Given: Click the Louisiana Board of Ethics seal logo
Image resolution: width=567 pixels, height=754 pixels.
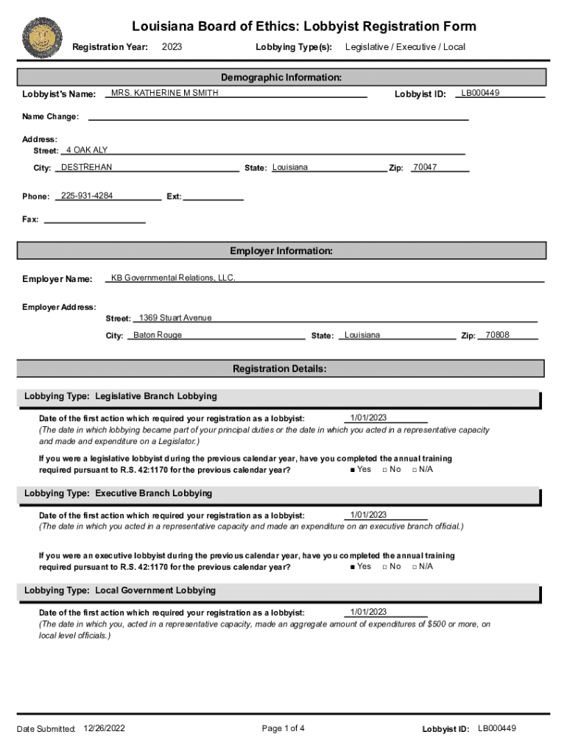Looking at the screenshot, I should point(43,39).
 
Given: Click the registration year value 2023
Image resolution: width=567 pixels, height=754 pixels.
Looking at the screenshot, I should point(172,47).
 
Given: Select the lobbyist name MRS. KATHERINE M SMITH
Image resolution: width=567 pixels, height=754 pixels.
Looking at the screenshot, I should point(164,94).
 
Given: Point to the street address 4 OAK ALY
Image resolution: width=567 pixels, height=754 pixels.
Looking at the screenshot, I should point(87,150).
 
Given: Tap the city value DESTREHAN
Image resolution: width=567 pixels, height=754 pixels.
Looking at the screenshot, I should point(86,167).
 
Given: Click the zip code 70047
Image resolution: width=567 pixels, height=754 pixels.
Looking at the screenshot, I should point(425,167).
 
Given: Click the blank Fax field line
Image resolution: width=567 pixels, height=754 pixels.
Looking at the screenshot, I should point(95,221).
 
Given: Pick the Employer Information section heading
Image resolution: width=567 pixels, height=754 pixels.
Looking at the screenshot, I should point(281,251).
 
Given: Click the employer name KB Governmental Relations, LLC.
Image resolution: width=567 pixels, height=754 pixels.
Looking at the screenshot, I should point(173,278).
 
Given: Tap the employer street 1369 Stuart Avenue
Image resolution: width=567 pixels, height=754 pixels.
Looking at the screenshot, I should point(175,317).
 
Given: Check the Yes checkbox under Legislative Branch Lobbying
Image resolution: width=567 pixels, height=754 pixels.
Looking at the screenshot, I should point(353,470).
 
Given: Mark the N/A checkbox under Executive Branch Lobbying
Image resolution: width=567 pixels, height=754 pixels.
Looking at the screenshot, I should point(415,567).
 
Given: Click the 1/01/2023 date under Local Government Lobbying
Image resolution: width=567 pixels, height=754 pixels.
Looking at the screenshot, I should point(368,612).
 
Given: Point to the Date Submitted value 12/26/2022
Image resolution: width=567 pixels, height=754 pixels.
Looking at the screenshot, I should point(105,728).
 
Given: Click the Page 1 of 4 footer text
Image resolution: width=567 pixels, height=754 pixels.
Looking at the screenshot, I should point(283,728).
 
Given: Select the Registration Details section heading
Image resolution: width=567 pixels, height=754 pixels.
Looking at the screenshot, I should point(280,368).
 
